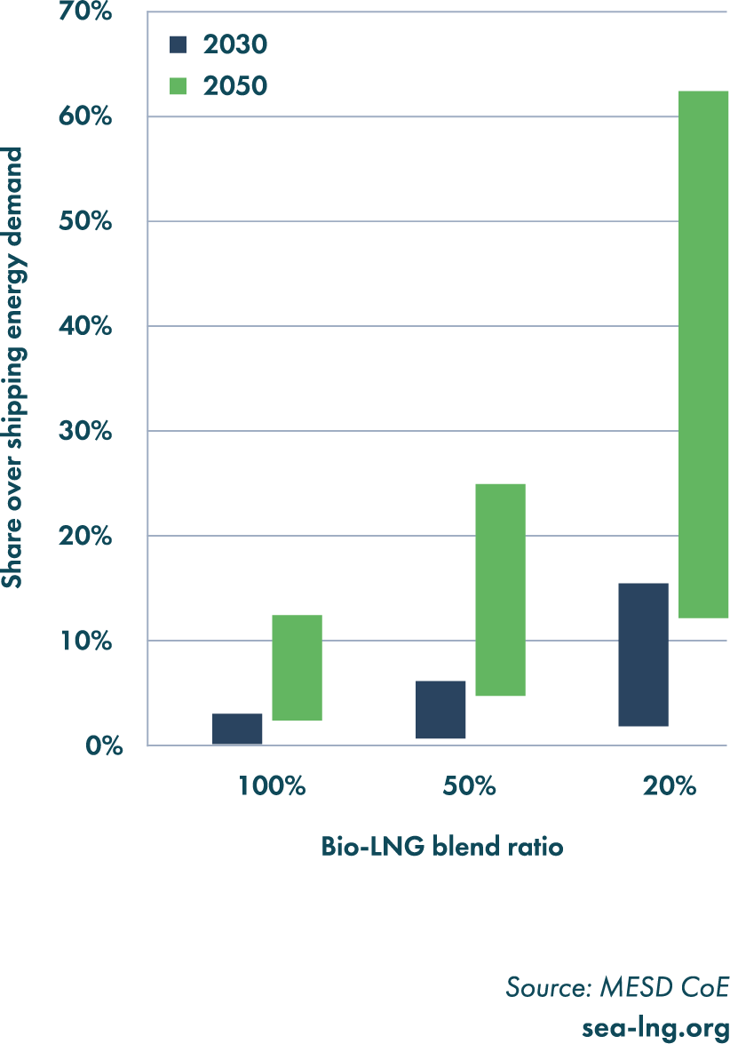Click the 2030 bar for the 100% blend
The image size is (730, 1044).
tap(237, 729)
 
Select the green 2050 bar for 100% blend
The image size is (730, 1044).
tap(297, 667)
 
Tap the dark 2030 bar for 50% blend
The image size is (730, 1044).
tap(440, 709)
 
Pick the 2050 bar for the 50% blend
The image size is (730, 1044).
tap(500, 589)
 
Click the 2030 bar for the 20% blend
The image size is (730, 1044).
tap(643, 655)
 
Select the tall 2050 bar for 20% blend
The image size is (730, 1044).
tap(702, 354)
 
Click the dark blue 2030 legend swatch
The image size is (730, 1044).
tap(179, 44)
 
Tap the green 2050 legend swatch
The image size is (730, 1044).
tap(179, 85)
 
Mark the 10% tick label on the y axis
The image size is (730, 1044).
tap(86, 642)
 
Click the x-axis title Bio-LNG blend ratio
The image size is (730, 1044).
tap(442, 847)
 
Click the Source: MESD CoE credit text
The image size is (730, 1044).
tap(617, 987)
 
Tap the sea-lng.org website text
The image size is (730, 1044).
tap(655, 1028)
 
